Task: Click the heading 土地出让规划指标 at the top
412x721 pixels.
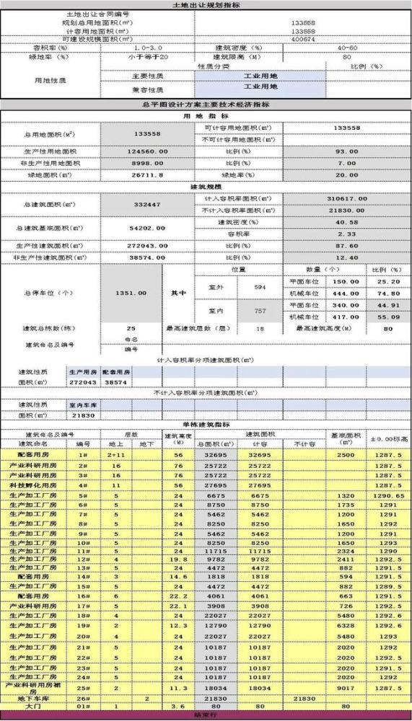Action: [206, 5]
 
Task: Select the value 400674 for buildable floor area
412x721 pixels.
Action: [302, 39]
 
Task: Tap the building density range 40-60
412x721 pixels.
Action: [347, 48]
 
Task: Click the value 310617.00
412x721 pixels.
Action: [347, 199]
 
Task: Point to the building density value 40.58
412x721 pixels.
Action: [347, 222]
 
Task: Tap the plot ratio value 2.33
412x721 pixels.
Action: [347, 234]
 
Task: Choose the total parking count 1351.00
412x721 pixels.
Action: [131, 293]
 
